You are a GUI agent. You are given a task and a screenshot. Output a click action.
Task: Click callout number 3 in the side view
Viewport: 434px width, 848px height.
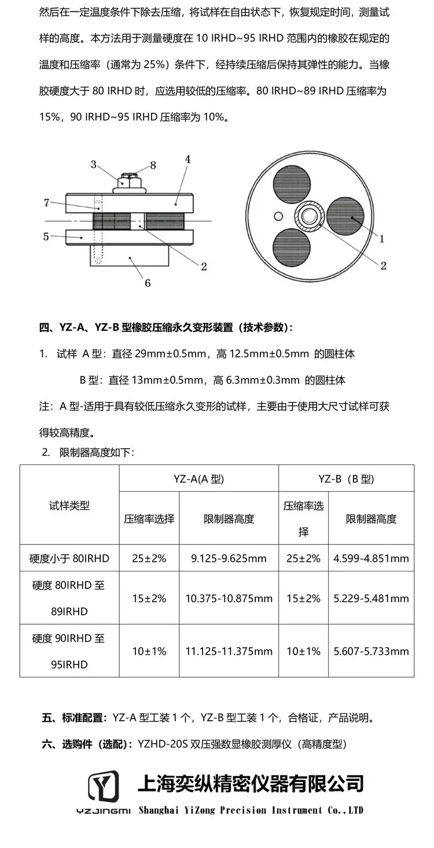tap(93, 164)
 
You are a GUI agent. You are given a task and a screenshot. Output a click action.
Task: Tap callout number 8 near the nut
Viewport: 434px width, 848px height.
tap(153, 165)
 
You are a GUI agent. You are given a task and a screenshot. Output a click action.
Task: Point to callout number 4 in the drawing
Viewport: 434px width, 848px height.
tap(187, 158)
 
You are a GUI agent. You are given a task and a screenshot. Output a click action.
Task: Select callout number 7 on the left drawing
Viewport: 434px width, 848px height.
tap(46, 202)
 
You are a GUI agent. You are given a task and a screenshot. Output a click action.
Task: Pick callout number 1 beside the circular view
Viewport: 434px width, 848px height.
tap(382, 238)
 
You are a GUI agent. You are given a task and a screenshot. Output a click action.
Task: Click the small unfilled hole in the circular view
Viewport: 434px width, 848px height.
tap(279, 216)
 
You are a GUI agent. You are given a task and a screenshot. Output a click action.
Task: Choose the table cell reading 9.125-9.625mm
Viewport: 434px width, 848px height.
tap(229, 558)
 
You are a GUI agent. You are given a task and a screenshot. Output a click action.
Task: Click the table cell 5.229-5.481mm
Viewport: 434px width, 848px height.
tap(371, 599)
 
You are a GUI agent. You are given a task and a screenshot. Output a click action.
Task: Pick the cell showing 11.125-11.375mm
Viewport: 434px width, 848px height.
tap(229, 651)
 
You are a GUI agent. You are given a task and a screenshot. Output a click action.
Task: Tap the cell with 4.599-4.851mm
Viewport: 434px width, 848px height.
tap(371, 558)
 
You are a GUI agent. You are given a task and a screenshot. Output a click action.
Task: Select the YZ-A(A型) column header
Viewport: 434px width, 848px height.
tap(198, 478)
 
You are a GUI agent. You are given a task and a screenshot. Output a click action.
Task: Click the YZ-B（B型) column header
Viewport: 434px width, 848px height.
tap(346, 478)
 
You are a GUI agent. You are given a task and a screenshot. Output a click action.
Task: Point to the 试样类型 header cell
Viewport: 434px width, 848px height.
tap(69, 505)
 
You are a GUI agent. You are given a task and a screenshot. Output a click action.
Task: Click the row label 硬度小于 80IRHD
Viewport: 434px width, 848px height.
tap(69, 558)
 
